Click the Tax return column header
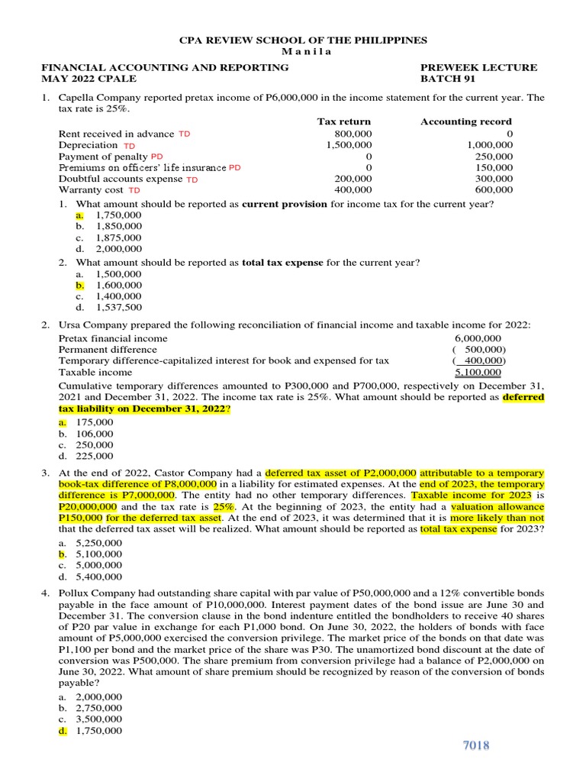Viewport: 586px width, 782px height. [x=343, y=122]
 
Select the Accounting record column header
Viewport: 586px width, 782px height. [x=466, y=122]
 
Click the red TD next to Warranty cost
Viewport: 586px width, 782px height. [x=134, y=190]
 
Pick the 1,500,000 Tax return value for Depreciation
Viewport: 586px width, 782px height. [x=349, y=145]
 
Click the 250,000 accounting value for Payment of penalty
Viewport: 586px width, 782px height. [x=494, y=157]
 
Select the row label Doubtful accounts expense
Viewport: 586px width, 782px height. [x=121, y=179]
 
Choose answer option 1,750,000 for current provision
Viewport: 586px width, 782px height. [x=118, y=215]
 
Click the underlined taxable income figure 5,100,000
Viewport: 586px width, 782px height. [x=478, y=373]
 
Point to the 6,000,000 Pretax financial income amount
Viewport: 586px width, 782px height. [x=478, y=338]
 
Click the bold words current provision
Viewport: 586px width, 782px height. [x=284, y=204]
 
